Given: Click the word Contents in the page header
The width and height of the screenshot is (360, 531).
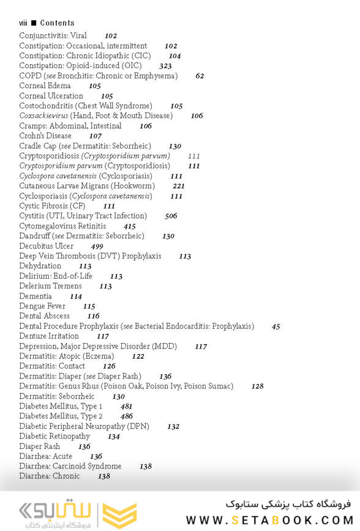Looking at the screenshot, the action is click(57, 23).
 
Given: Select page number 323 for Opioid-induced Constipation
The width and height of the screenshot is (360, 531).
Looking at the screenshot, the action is click(165, 66).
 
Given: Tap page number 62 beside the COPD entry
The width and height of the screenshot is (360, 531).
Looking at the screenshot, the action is click(200, 76).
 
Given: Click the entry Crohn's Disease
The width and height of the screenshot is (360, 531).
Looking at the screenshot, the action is click(45, 136).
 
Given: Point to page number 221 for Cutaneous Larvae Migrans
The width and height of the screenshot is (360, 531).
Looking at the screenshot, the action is click(178, 186).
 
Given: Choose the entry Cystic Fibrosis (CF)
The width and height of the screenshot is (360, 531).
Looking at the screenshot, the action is click(52, 206).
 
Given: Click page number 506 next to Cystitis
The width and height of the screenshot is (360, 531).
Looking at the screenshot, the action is click(171, 216).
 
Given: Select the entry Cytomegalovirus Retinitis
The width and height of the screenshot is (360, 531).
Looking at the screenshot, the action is click(62, 227).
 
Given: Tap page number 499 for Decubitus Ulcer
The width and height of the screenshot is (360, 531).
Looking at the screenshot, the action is click(97, 246).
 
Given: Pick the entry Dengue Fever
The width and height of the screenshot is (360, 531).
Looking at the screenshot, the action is click(42, 306).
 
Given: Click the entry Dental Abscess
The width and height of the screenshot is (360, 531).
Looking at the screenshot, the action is click(44, 316).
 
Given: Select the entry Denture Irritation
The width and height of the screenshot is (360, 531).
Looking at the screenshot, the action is click(49, 336).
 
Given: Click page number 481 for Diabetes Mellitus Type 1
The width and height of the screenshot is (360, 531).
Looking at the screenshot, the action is click(126, 407).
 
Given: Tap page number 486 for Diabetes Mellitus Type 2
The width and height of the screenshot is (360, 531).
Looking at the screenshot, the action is click(126, 416).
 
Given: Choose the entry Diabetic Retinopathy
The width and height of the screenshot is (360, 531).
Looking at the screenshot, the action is click(54, 437).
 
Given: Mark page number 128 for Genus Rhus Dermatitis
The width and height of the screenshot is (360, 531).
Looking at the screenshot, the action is click(257, 386).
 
